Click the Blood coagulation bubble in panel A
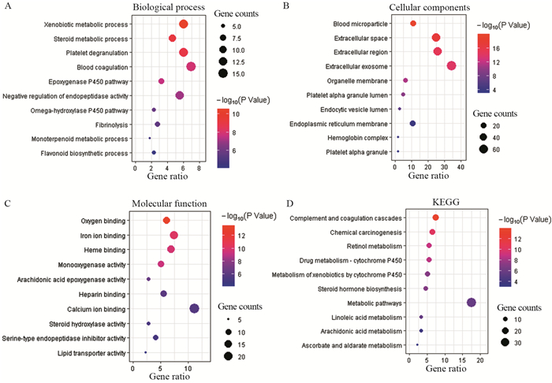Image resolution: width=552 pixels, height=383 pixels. pos(191,67)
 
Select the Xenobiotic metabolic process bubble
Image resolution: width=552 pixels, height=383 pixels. pos(184,24)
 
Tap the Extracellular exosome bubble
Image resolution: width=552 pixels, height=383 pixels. pos(452,65)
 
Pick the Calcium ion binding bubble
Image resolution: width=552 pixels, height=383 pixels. pos(195,308)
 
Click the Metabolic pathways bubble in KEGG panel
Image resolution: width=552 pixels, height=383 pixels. pos(472,303)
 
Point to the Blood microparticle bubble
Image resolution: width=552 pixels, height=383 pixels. pos(413,24)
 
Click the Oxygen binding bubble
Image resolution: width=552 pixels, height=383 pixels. pos(166,221)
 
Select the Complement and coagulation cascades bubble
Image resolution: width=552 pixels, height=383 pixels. pos(436,218)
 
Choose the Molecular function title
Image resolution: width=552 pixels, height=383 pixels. pos(168,203)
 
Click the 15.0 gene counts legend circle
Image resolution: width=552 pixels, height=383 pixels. pos(222,74)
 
